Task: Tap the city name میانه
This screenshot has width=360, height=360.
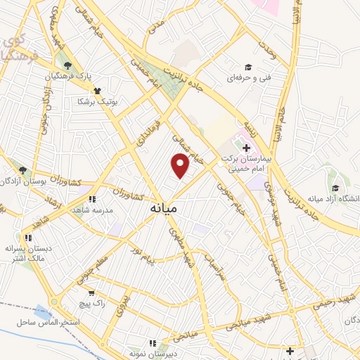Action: (x=164, y=209)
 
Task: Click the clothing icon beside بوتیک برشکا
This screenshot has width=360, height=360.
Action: (x=96, y=91)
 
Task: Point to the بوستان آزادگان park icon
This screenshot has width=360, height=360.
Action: (x=22, y=170)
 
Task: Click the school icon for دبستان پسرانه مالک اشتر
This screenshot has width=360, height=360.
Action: (x=29, y=238)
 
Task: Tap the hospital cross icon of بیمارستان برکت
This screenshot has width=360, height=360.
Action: (x=246, y=148)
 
